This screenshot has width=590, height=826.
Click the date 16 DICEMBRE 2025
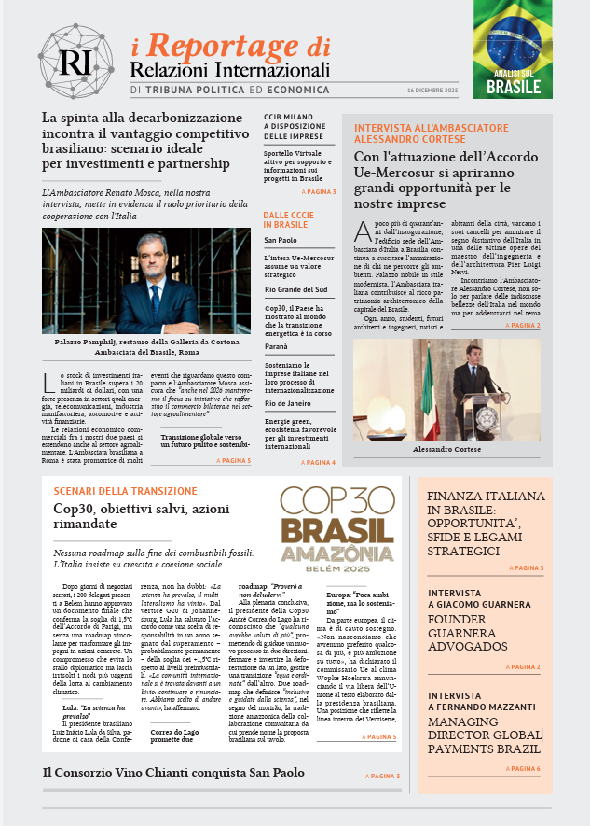click(432, 90)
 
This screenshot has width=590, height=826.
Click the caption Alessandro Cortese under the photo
click(446, 450)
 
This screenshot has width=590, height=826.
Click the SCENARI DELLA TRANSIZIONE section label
click(125, 491)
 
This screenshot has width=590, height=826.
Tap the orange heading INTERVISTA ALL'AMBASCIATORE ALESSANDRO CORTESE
click(431, 133)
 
